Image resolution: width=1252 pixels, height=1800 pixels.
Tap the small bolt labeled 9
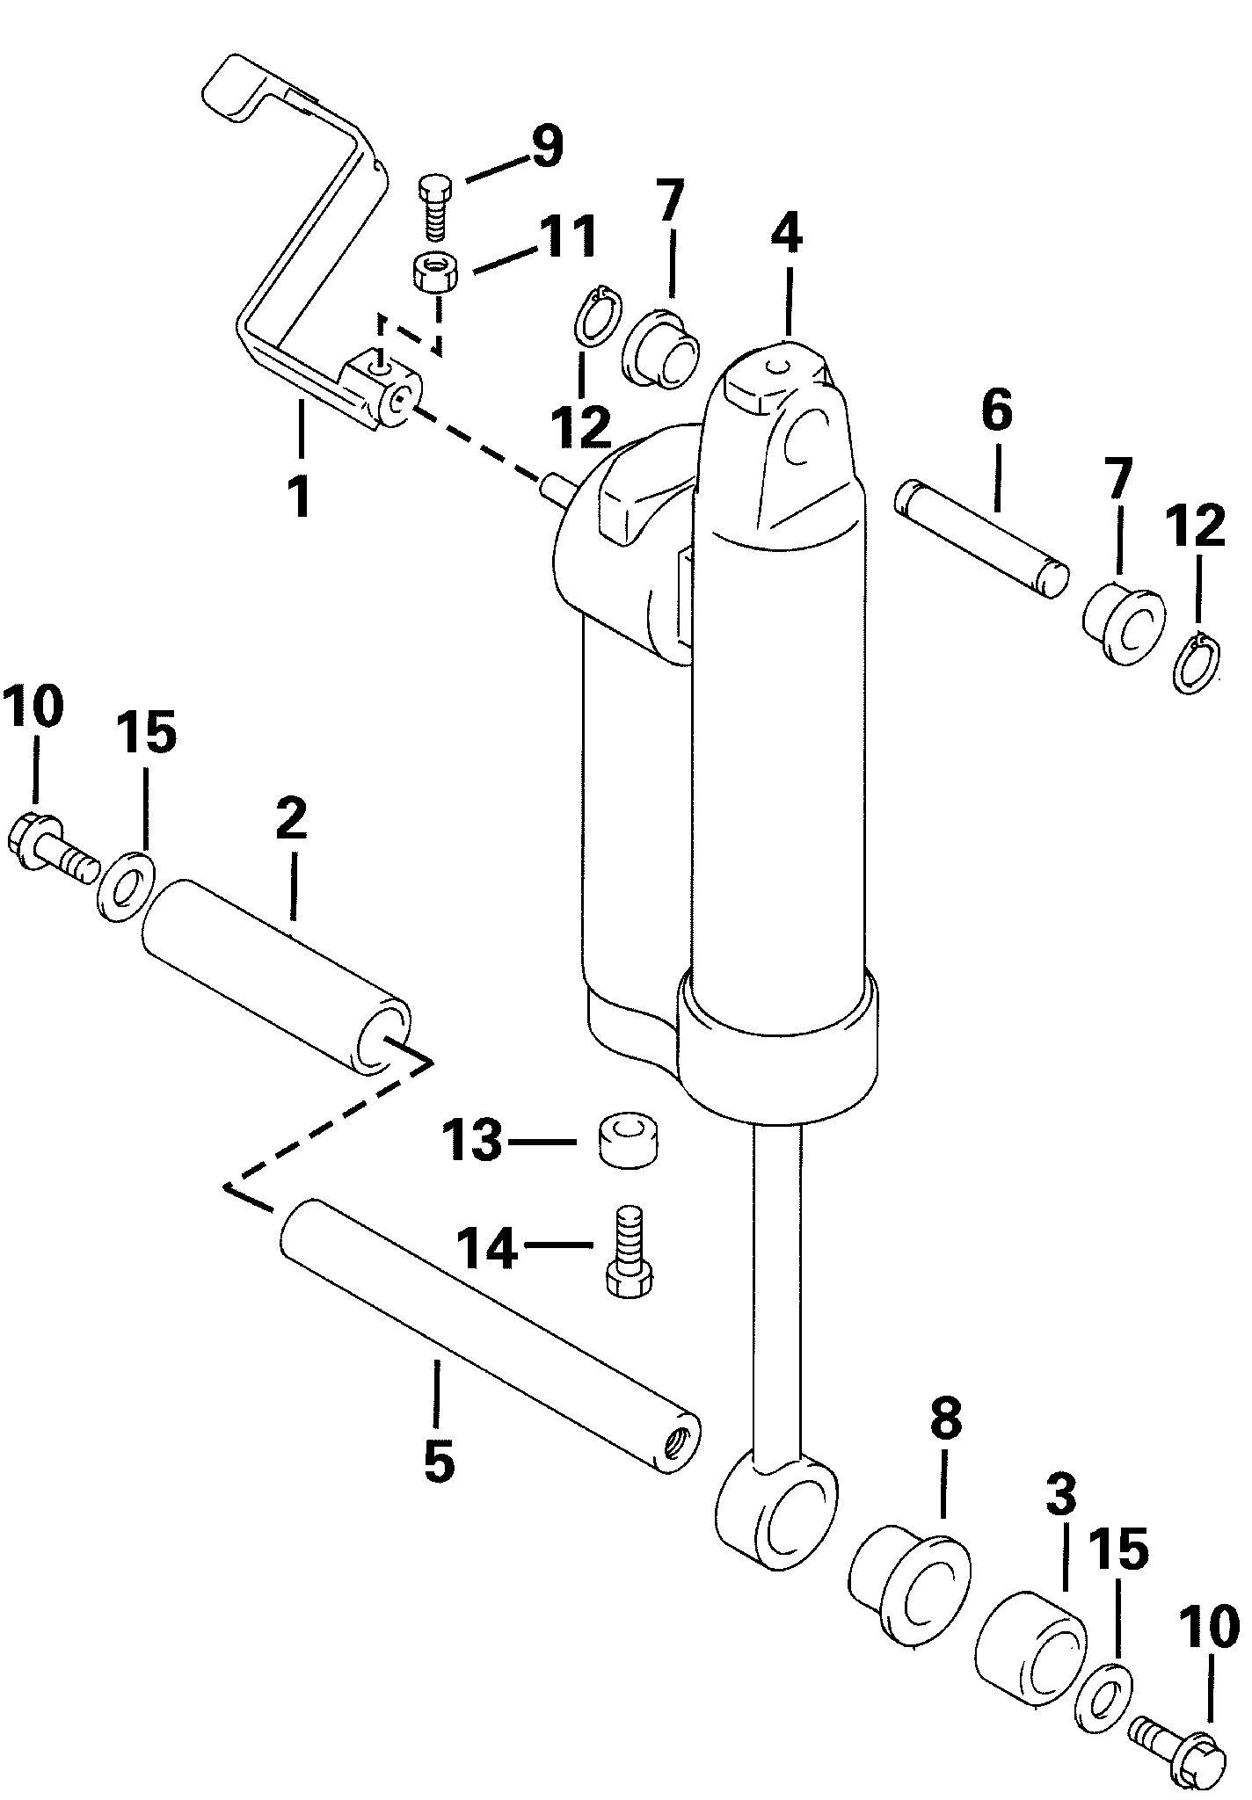(434, 208)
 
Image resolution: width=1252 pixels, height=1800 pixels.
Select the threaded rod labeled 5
(490, 1338)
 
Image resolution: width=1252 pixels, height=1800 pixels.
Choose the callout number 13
(471, 1141)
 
